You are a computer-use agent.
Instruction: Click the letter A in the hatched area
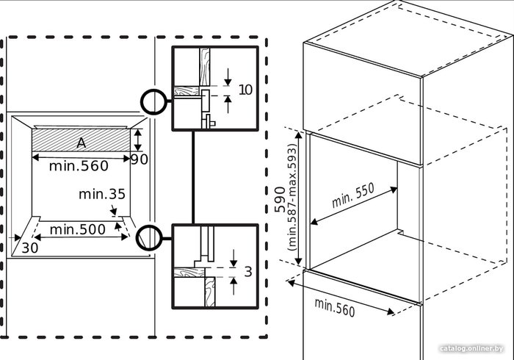[x=82, y=143]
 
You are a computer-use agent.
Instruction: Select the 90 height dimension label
[x=140, y=159]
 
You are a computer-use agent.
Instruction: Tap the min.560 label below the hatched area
[x=79, y=166]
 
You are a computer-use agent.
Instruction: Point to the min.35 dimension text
[x=102, y=195]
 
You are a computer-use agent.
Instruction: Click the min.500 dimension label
[x=78, y=229]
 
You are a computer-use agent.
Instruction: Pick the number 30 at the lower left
[x=30, y=248]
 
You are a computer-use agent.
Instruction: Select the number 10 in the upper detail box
[x=245, y=90]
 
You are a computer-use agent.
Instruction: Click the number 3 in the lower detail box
[x=248, y=272]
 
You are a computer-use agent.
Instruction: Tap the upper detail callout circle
[x=153, y=101]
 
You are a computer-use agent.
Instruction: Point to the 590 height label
[x=280, y=199]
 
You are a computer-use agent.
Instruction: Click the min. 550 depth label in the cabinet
[x=352, y=195]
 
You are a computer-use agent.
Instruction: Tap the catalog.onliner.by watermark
[x=471, y=348]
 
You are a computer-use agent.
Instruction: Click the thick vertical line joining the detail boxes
[x=193, y=177]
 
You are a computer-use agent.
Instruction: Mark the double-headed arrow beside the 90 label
[x=138, y=140]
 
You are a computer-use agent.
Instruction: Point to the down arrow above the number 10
[x=228, y=77]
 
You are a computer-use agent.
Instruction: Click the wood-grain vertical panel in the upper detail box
[x=205, y=67]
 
